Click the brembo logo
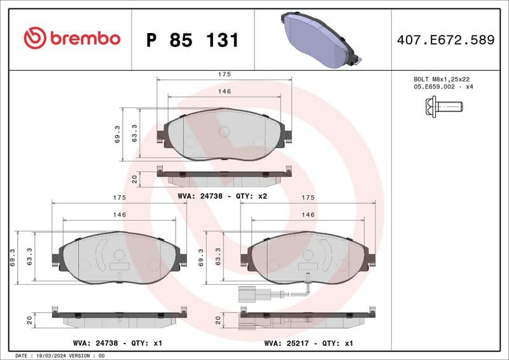[x=72, y=38]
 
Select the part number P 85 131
[x=192, y=40]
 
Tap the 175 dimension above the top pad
[x=224, y=74]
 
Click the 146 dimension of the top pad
[x=224, y=92]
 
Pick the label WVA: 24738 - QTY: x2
[x=223, y=196]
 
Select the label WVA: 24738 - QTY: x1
[x=118, y=343]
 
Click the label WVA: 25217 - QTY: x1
[x=309, y=343]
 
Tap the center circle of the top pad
[x=224, y=131]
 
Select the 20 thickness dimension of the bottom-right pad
[x=218, y=320]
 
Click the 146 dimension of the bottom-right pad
[x=308, y=215]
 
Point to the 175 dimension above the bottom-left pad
[x=119, y=198]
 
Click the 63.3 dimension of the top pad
[x=134, y=132]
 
